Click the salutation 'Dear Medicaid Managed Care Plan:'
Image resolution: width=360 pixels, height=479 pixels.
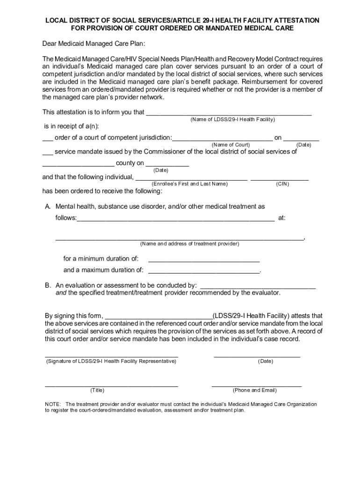[94, 44]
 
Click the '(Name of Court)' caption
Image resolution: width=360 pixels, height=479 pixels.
[230, 145]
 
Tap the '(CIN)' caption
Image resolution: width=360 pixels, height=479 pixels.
[282, 184]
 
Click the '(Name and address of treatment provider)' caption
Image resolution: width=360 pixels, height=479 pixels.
[189, 244]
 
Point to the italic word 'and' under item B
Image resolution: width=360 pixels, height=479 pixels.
[61, 293]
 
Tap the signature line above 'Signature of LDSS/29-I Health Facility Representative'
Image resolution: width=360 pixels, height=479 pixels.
[111, 356]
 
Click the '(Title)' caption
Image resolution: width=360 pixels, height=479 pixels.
[97, 390]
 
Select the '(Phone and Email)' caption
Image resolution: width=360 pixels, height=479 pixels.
[255, 390]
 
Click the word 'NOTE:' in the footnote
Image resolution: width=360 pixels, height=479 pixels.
[53, 404]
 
